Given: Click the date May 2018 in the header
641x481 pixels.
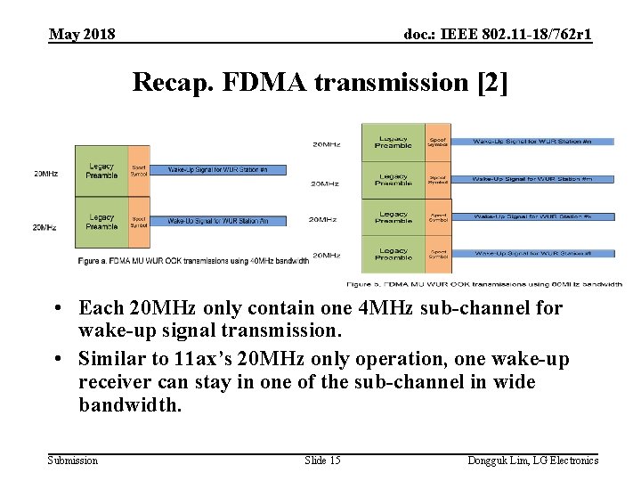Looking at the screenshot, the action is [x=82, y=35].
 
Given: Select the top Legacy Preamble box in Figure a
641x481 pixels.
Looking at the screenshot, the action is [x=101, y=170].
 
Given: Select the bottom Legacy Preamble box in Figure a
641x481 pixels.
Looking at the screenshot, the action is [x=101, y=221].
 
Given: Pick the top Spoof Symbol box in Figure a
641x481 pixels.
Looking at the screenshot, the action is [x=139, y=170].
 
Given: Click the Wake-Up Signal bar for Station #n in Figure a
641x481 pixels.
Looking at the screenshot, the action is [x=218, y=169].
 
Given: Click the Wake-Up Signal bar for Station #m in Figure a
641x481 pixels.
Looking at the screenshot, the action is [x=218, y=220].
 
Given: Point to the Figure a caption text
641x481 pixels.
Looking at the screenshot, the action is [x=192, y=260].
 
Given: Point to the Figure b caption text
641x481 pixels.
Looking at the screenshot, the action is [x=483, y=283].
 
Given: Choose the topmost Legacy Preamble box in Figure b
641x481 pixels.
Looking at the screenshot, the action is [x=393, y=143].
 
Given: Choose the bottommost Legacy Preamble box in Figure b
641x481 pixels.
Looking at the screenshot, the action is [x=393, y=255].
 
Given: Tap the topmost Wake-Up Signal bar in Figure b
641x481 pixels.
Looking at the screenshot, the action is [x=532, y=141].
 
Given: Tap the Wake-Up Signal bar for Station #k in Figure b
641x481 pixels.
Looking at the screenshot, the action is [x=532, y=216].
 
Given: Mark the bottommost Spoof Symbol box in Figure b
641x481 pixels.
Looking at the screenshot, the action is [x=437, y=255].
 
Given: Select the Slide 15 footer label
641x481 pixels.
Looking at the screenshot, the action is [x=322, y=460].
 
